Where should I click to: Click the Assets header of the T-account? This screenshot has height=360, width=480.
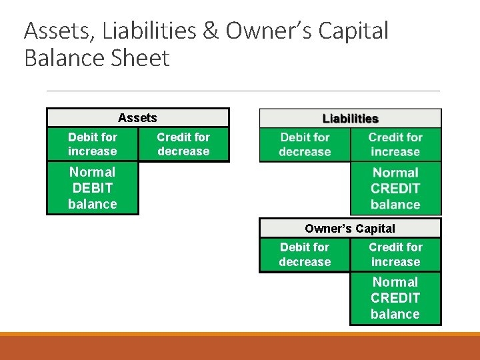[x=137, y=118]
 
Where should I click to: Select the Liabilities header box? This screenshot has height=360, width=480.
[x=350, y=119]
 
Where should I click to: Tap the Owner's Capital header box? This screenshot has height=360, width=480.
[x=350, y=229]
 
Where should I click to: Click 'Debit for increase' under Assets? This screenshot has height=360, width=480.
[x=93, y=144]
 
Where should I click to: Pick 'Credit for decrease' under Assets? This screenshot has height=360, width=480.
[x=183, y=144]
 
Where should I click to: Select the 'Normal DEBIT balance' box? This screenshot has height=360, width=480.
[x=93, y=188]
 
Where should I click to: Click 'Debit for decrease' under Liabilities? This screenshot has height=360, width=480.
[x=305, y=145]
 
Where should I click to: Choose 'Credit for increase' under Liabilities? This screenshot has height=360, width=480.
[x=395, y=145]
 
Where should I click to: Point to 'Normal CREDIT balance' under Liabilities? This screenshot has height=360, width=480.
[x=395, y=189]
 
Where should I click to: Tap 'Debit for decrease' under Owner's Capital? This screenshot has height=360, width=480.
[x=305, y=255]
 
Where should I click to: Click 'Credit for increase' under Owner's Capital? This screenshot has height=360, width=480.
[x=395, y=255]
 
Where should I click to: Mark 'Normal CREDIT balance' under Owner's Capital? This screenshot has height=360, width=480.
[x=395, y=298]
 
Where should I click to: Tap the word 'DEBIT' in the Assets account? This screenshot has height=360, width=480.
[x=93, y=188]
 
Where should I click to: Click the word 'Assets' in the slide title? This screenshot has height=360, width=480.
[x=59, y=31]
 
